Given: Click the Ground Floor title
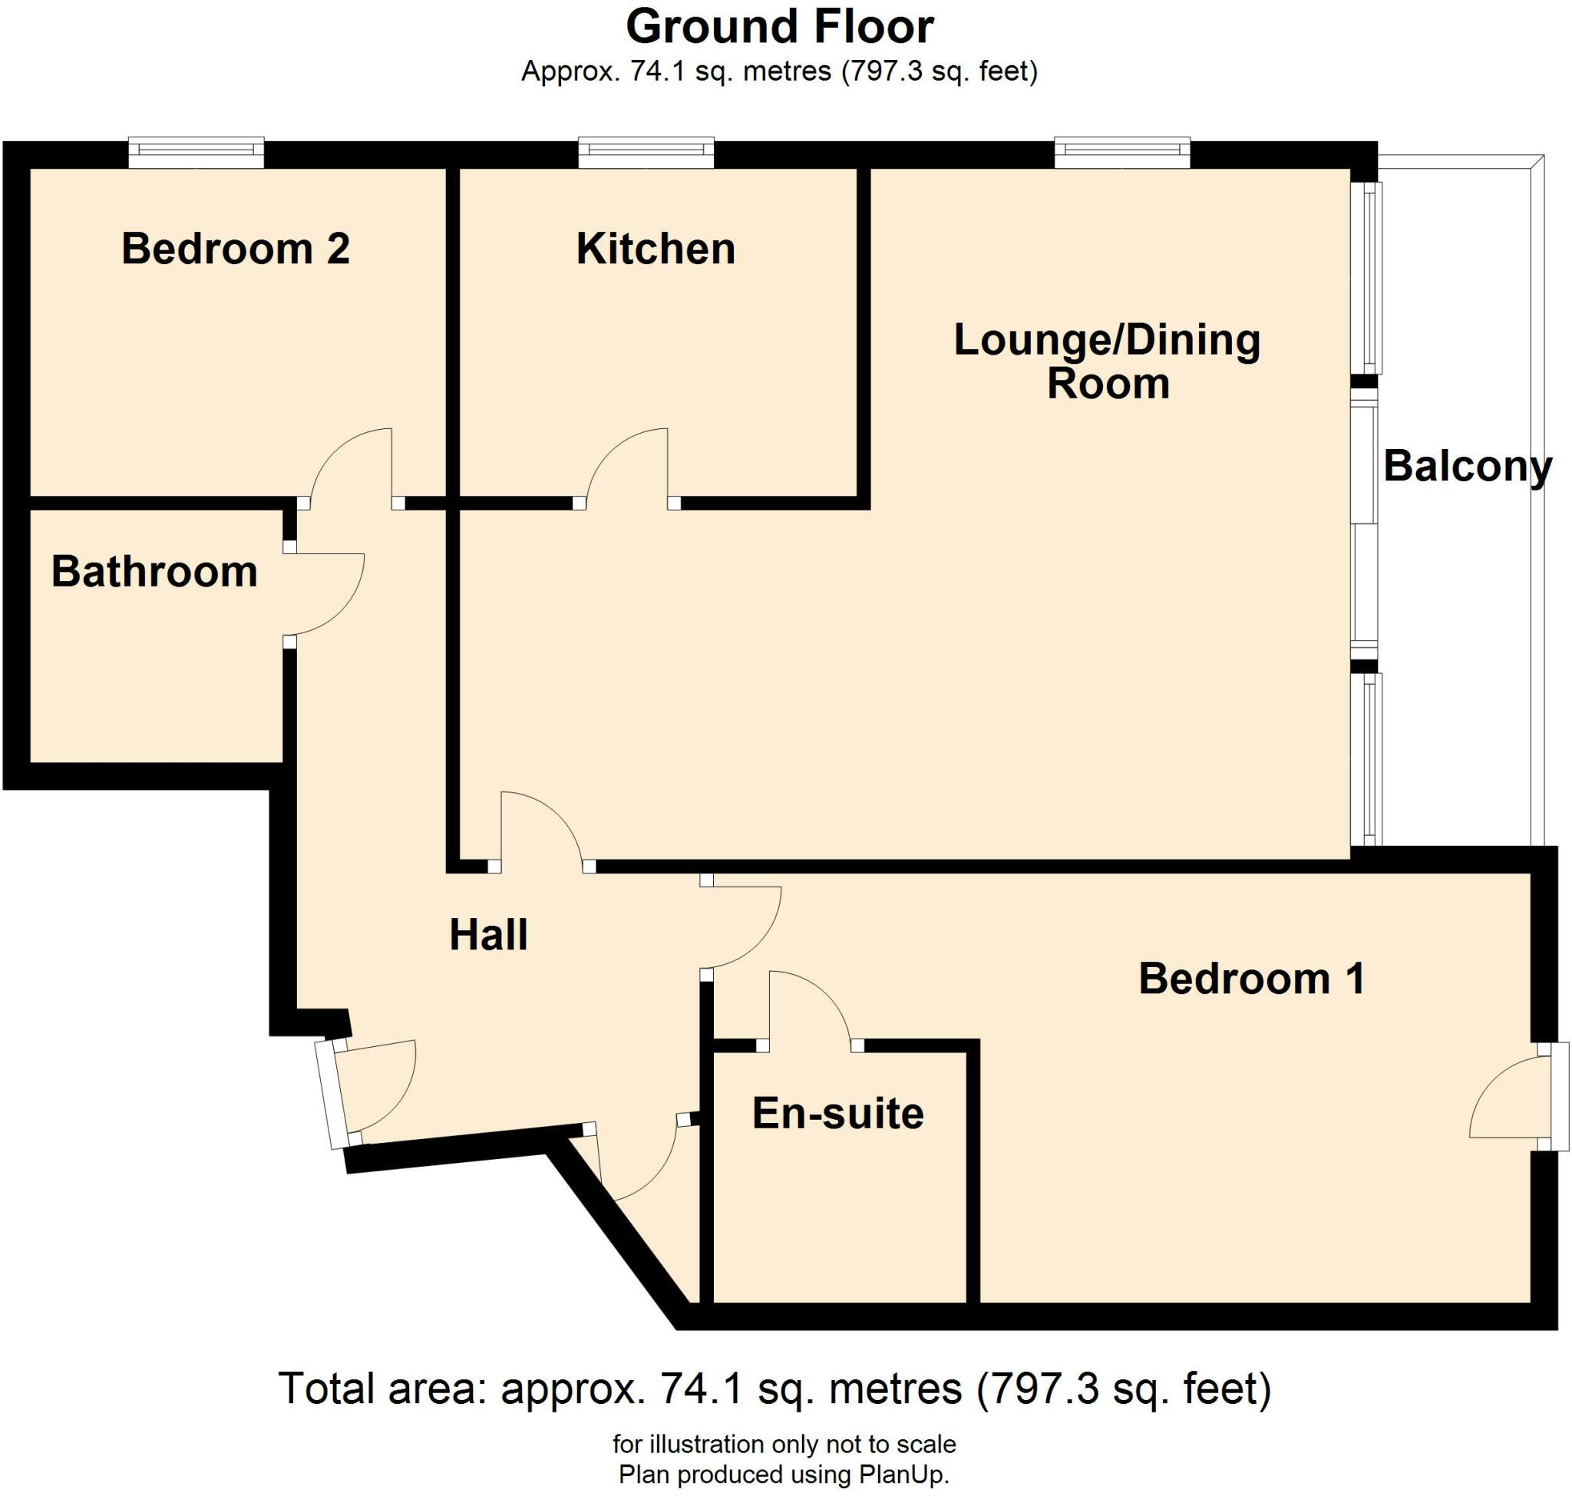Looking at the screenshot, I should [x=779, y=27].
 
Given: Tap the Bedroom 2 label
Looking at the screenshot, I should [x=236, y=249].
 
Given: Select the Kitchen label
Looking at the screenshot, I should [x=656, y=249].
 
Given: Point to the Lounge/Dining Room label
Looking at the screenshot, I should [x=1107, y=362].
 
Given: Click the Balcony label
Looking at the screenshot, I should [x=1467, y=466].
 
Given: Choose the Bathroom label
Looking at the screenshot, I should [x=155, y=572].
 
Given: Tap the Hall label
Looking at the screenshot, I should [x=488, y=935].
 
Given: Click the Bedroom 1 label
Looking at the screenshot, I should [x=1251, y=979].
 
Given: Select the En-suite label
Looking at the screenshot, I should [x=837, y=1114].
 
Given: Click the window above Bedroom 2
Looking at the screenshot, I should [x=196, y=151].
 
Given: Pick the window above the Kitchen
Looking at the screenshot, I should [x=646, y=151].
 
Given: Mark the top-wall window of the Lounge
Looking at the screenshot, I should [x=1122, y=151].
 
